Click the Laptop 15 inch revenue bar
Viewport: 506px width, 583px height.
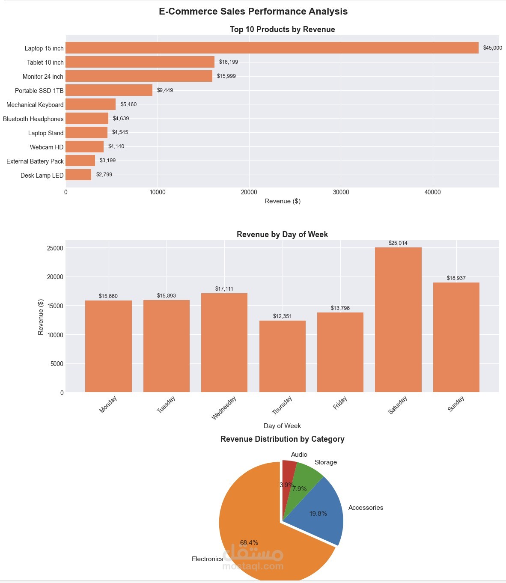click(x=272, y=48)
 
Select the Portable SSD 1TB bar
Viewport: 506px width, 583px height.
click(x=109, y=90)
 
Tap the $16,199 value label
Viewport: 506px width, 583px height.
click(x=228, y=62)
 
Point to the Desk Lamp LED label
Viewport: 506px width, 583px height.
click(x=42, y=175)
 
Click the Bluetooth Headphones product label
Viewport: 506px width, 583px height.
click(x=33, y=119)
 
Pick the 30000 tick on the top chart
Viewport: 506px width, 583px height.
click(x=341, y=192)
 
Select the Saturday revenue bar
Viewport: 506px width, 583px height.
click(x=398, y=320)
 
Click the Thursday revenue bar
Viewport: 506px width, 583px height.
click(x=282, y=356)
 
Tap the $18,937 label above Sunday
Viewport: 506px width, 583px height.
click(x=456, y=278)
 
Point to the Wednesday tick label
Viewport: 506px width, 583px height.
click(x=224, y=408)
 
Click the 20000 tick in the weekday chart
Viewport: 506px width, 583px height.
click(x=55, y=277)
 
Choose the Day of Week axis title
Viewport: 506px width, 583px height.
click(x=282, y=426)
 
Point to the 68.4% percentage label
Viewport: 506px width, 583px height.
click(x=249, y=543)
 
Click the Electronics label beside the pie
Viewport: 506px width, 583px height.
click(x=207, y=559)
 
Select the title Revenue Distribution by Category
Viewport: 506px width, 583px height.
click(x=282, y=439)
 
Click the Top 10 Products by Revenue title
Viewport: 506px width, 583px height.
click(x=282, y=30)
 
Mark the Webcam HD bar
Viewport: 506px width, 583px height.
click(x=85, y=147)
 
